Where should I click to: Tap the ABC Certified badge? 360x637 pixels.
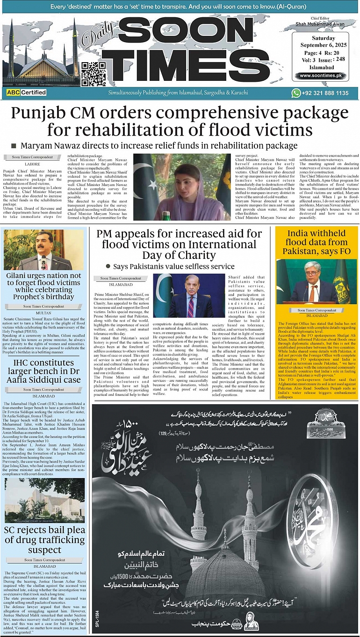pyautogui.click(x=27, y=93)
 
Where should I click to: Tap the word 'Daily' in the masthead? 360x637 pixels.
pyautogui.click(x=95, y=46)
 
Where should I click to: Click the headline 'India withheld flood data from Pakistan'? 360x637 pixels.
pyautogui.click(x=317, y=242)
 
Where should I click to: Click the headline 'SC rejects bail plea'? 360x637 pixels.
pyautogui.click(x=45, y=540)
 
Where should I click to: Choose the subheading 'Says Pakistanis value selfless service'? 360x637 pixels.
pyautogui.click(x=173, y=266)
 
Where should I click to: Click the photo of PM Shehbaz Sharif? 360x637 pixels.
pyautogui.click(x=189, y=295)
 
